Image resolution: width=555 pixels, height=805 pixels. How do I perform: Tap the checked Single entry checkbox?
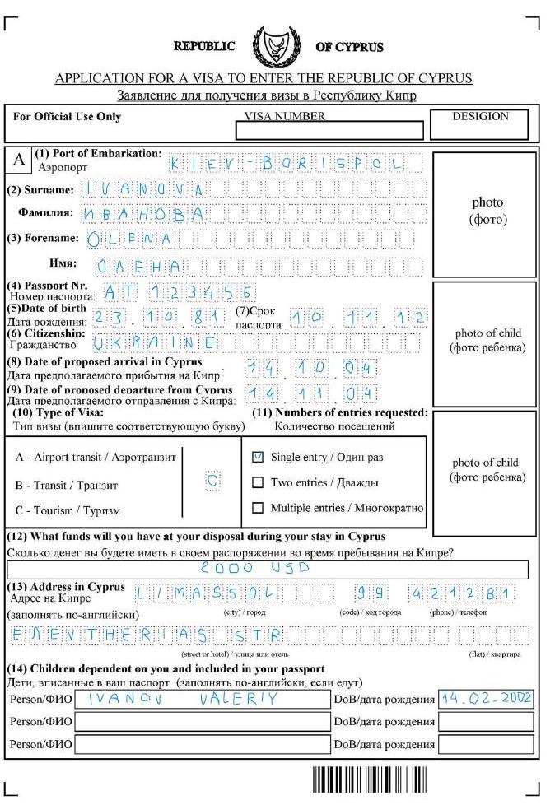tap(258, 456)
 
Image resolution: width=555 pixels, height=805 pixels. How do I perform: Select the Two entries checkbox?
tap(258, 482)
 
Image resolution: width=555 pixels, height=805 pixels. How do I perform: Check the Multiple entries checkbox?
tap(258, 508)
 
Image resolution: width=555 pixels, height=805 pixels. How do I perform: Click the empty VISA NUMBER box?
tap(329, 130)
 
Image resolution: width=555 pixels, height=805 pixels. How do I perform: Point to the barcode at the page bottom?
tap(370, 779)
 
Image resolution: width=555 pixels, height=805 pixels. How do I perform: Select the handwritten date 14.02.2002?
tap(485, 699)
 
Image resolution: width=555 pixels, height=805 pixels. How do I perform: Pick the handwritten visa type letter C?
tap(212, 482)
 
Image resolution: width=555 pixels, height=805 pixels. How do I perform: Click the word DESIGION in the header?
tap(481, 116)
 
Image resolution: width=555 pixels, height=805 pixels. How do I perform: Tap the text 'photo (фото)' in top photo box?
tap(487, 211)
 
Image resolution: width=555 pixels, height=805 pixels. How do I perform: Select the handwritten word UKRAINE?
tap(156, 342)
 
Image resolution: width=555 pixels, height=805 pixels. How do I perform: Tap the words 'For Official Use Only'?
tap(68, 117)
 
